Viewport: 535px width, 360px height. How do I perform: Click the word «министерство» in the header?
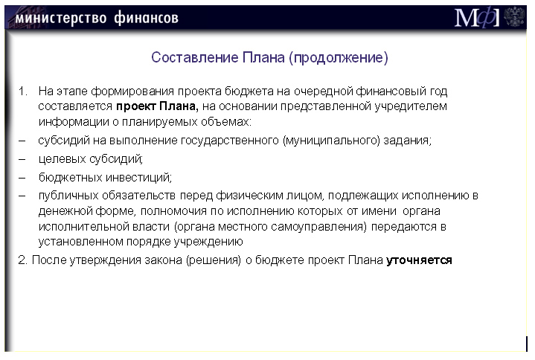(x=61, y=18)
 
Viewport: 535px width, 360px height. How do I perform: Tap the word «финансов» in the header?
(x=146, y=17)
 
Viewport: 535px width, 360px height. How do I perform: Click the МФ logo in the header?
(x=477, y=17)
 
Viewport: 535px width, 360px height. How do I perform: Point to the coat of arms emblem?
(x=514, y=16)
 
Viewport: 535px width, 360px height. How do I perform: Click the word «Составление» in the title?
(x=194, y=57)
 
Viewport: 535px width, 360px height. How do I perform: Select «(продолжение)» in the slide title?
(x=339, y=57)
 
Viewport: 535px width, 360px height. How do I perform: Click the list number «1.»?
(x=23, y=91)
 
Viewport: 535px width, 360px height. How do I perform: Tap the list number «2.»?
(x=22, y=260)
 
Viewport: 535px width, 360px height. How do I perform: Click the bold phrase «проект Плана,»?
(x=157, y=106)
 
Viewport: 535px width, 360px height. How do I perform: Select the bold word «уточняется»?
(x=419, y=260)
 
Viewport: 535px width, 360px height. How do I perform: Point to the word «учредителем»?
(x=411, y=106)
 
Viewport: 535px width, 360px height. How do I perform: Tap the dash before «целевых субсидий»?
(x=22, y=159)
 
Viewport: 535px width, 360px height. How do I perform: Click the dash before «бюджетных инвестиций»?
(x=22, y=177)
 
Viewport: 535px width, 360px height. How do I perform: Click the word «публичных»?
(x=68, y=196)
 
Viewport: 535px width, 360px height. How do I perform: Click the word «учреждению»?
(x=208, y=242)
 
